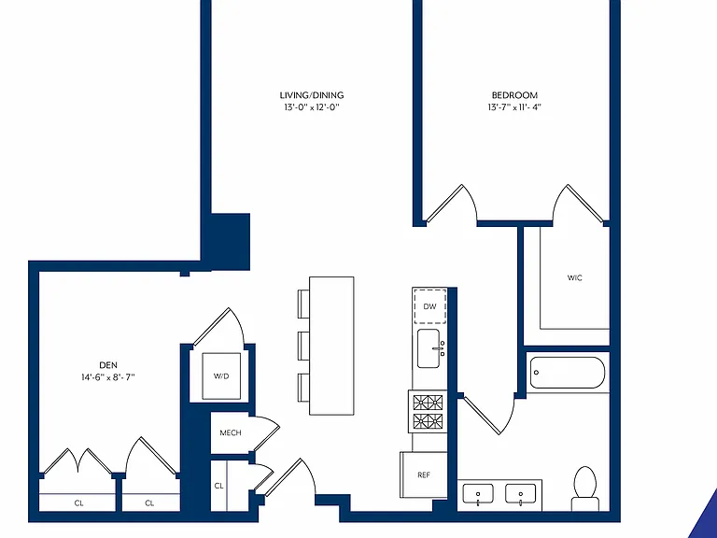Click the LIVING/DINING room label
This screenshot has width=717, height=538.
(312, 95)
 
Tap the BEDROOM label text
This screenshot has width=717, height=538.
(514, 95)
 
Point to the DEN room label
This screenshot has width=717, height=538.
(108, 365)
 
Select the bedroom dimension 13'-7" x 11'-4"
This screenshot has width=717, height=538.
(514, 107)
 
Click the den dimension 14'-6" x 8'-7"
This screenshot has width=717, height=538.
(108, 377)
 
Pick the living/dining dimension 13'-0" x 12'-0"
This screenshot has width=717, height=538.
(312, 107)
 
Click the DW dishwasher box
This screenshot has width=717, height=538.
(429, 306)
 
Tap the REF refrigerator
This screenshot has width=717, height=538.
(424, 474)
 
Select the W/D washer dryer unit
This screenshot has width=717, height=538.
(221, 376)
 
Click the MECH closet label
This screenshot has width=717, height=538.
(231, 432)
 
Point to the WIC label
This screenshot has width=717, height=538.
(575, 277)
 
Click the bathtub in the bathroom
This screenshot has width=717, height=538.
(568, 373)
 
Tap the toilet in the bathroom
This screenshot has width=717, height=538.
(584, 488)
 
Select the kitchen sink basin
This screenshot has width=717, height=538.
(429, 348)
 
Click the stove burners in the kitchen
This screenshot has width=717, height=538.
(428, 411)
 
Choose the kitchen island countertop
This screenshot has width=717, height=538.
(331, 346)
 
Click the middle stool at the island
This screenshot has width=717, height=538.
(303, 346)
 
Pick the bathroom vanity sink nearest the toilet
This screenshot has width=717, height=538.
(520, 494)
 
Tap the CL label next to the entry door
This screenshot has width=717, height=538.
(218, 486)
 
